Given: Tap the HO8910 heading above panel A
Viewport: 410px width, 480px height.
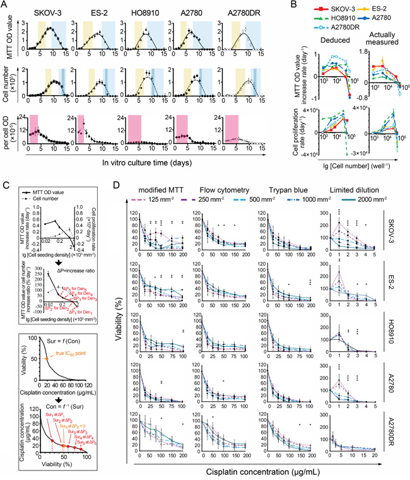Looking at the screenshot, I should click(146, 11).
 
